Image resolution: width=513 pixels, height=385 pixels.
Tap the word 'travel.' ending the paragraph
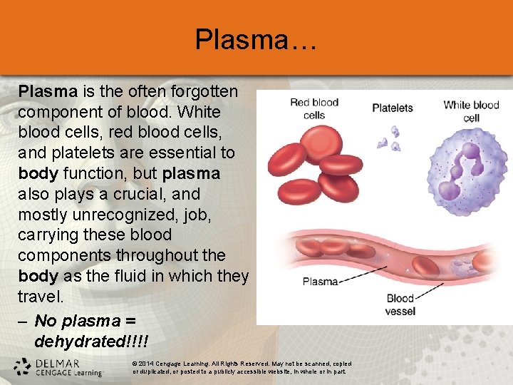pyautogui.click(x=41, y=296)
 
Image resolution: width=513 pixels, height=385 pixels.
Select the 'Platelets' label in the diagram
pyautogui.click(x=393, y=108)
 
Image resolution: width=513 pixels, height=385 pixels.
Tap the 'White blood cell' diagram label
pyautogui.click(x=471, y=111)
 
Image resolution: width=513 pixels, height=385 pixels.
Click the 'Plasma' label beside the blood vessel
pyautogui.click(x=320, y=281)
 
